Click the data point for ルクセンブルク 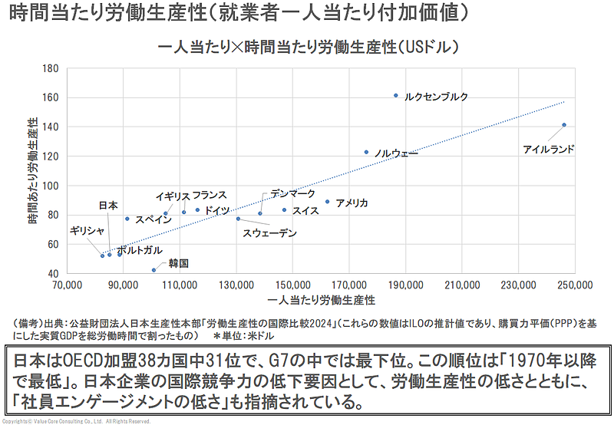[x=396, y=96]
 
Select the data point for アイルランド [x=564, y=125]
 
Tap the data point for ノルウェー [x=366, y=152]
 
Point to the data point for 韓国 [x=153, y=270]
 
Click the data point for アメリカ [x=327, y=202]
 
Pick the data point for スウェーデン [x=238, y=219]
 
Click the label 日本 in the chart [x=108, y=206]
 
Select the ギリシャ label [x=87, y=231]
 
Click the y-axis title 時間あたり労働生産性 [x=33, y=170]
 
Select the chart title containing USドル [x=308, y=48]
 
